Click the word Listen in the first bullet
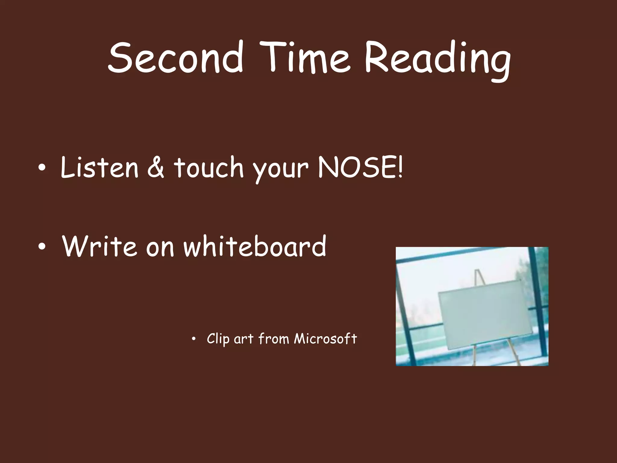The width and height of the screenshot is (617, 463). pyautogui.click(x=99, y=167)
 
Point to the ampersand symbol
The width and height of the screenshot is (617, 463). pyautogui.click(x=156, y=168)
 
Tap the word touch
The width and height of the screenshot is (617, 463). pyautogui.click(x=208, y=168)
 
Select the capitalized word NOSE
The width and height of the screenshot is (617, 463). pyautogui.click(x=357, y=167)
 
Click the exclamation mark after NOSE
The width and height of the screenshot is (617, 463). pyautogui.click(x=400, y=167)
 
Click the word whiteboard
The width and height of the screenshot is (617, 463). pyautogui.click(x=255, y=246)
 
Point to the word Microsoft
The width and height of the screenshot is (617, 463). pyautogui.click(x=325, y=339)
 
